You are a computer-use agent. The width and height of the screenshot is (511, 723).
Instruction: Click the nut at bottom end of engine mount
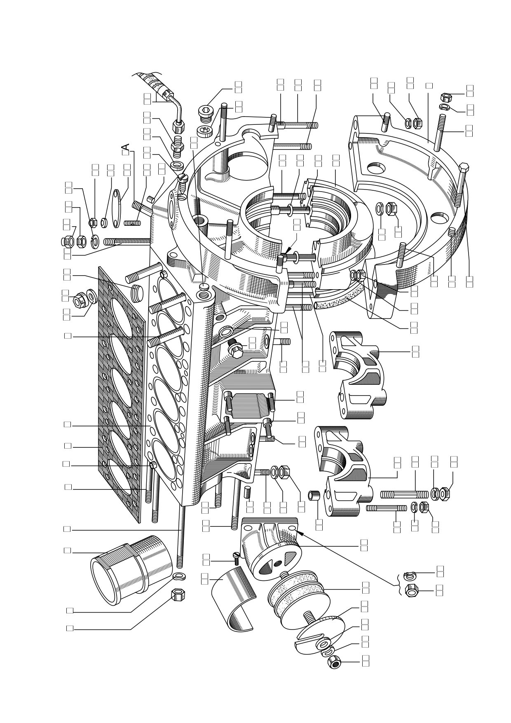[333, 662]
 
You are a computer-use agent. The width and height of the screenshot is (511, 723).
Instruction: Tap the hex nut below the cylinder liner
[178, 594]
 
